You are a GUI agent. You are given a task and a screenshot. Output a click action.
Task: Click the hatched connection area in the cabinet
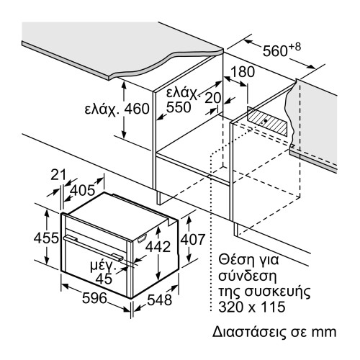[x=269, y=118]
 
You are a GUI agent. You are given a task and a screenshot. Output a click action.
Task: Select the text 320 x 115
[x=250, y=307]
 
